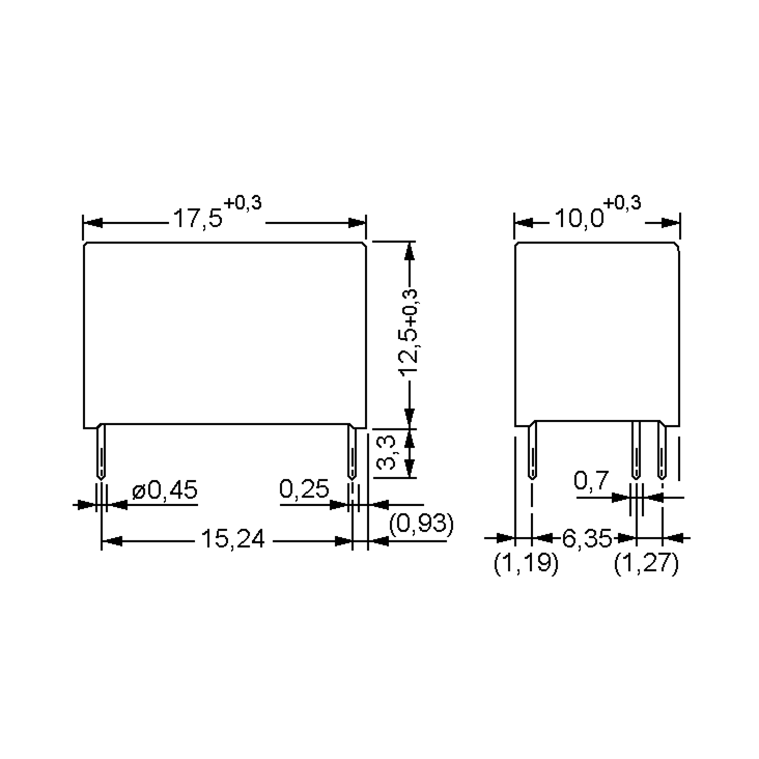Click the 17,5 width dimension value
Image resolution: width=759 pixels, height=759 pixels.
[x=198, y=219]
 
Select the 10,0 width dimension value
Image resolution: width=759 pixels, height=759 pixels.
[x=579, y=219]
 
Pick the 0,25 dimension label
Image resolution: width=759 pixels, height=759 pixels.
[x=304, y=490]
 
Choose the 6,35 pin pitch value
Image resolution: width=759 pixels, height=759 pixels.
[x=587, y=539]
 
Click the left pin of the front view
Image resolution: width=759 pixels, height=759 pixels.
[x=101, y=452]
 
